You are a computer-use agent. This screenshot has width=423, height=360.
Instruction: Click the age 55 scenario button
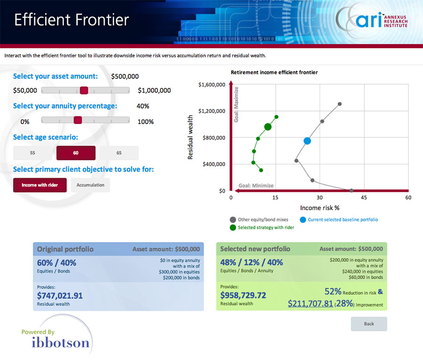[x=32, y=153]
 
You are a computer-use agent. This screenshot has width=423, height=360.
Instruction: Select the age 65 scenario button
[x=119, y=153]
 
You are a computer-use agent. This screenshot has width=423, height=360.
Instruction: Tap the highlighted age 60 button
[x=76, y=153]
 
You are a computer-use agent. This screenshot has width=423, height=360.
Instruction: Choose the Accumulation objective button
[x=90, y=185]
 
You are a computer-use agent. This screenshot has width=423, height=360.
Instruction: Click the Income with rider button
[x=40, y=185]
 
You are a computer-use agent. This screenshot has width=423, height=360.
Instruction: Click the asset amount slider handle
[x=84, y=90]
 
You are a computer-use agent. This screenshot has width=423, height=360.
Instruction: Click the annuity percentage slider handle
[x=78, y=120]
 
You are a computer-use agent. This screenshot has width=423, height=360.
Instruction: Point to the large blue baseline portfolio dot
[x=307, y=141]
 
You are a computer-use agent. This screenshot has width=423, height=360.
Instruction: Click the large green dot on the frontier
[x=267, y=127]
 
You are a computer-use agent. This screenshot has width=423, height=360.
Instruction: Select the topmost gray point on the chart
[x=340, y=104]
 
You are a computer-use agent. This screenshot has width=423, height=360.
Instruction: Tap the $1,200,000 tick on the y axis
[x=212, y=111]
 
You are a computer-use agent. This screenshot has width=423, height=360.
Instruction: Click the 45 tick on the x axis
[x=364, y=198]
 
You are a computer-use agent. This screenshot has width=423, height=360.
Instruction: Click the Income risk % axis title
[x=320, y=208]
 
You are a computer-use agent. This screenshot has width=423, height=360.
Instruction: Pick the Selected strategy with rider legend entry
[x=262, y=227]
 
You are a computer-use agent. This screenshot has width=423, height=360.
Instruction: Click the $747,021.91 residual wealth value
[x=60, y=296]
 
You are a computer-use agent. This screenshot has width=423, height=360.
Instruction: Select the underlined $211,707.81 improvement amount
[x=310, y=304]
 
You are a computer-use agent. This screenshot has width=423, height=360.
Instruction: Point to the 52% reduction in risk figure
[x=333, y=291]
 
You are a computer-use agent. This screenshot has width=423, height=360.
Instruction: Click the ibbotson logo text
[x=61, y=343]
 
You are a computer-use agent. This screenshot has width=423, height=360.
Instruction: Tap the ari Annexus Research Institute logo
[x=372, y=20]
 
